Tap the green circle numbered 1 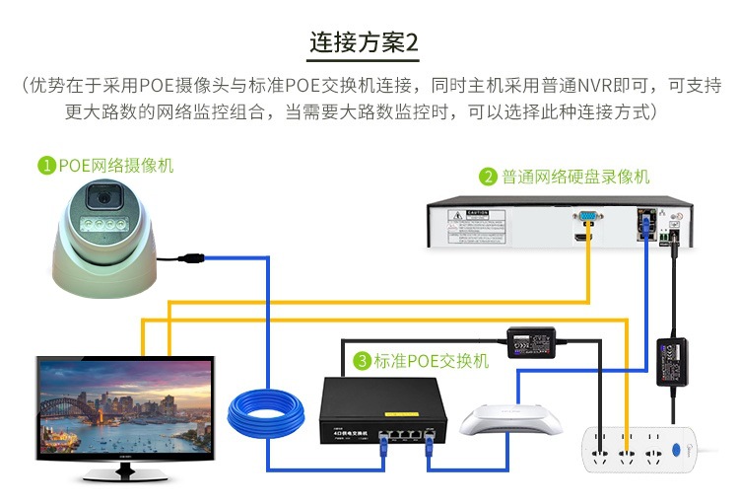pyautogui.click(x=45, y=166)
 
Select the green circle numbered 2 pyautogui.click(x=487, y=178)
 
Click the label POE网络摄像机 pyautogui.click(x=115, y=166)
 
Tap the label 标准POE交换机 pyautogui.click(x=431, y=361)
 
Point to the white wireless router pyautogui.click(x=509, y=420)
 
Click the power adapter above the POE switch pyautogui.click(x=532, y=342)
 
